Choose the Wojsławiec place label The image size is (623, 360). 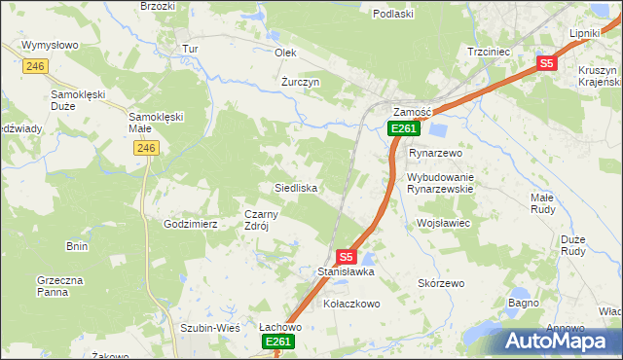pos(444,224)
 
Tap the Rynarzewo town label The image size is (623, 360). pos(435,154)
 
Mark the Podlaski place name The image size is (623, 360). pos(394,14)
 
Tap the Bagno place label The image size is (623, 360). pos(523,304)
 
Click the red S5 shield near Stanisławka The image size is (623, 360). pos(346,257)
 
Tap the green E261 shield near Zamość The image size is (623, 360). pos(404,128)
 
